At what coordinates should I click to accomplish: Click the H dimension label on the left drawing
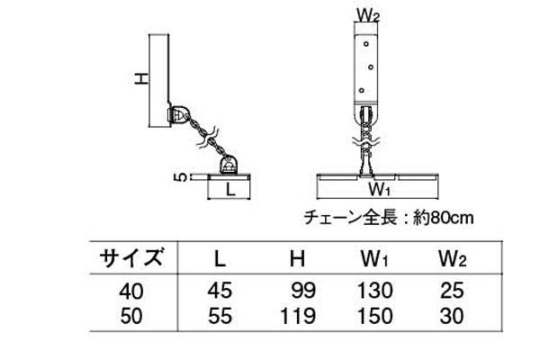click(141, 79)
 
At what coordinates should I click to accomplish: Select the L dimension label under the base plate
click(229, 190)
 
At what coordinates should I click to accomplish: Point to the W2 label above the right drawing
click(368, 14)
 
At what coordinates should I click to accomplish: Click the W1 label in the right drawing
click(379, 189)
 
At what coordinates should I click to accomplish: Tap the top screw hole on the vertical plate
click(366, 44)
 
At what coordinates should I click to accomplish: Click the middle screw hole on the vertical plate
click(371, 67)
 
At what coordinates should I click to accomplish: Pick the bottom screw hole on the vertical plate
click(361, 91)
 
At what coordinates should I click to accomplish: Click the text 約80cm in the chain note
click(443, 218)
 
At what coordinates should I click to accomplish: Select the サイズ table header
click(130, 257)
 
